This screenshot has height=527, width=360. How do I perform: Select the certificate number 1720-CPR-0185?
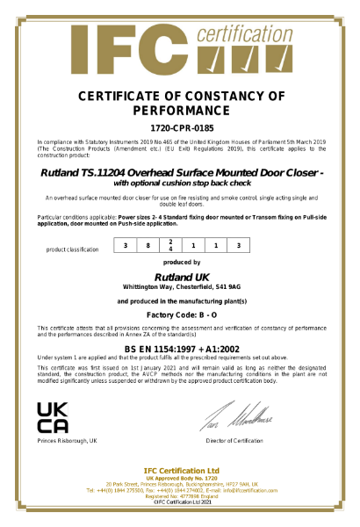click(x=180, y=128)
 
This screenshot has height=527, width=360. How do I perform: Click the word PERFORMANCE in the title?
click(x=180, y=111)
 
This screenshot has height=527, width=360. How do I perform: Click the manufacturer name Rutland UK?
click(x=181, y=278)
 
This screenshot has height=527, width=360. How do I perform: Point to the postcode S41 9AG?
click(x=227, y=287)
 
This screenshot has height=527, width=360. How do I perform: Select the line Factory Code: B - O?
click(x=181, y=314)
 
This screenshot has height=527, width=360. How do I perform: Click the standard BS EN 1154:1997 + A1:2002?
click(x=181, y=349)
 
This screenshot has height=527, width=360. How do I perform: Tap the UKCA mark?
click(x=54, y=416)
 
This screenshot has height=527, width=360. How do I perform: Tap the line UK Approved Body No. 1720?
click(x=181, y=479)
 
